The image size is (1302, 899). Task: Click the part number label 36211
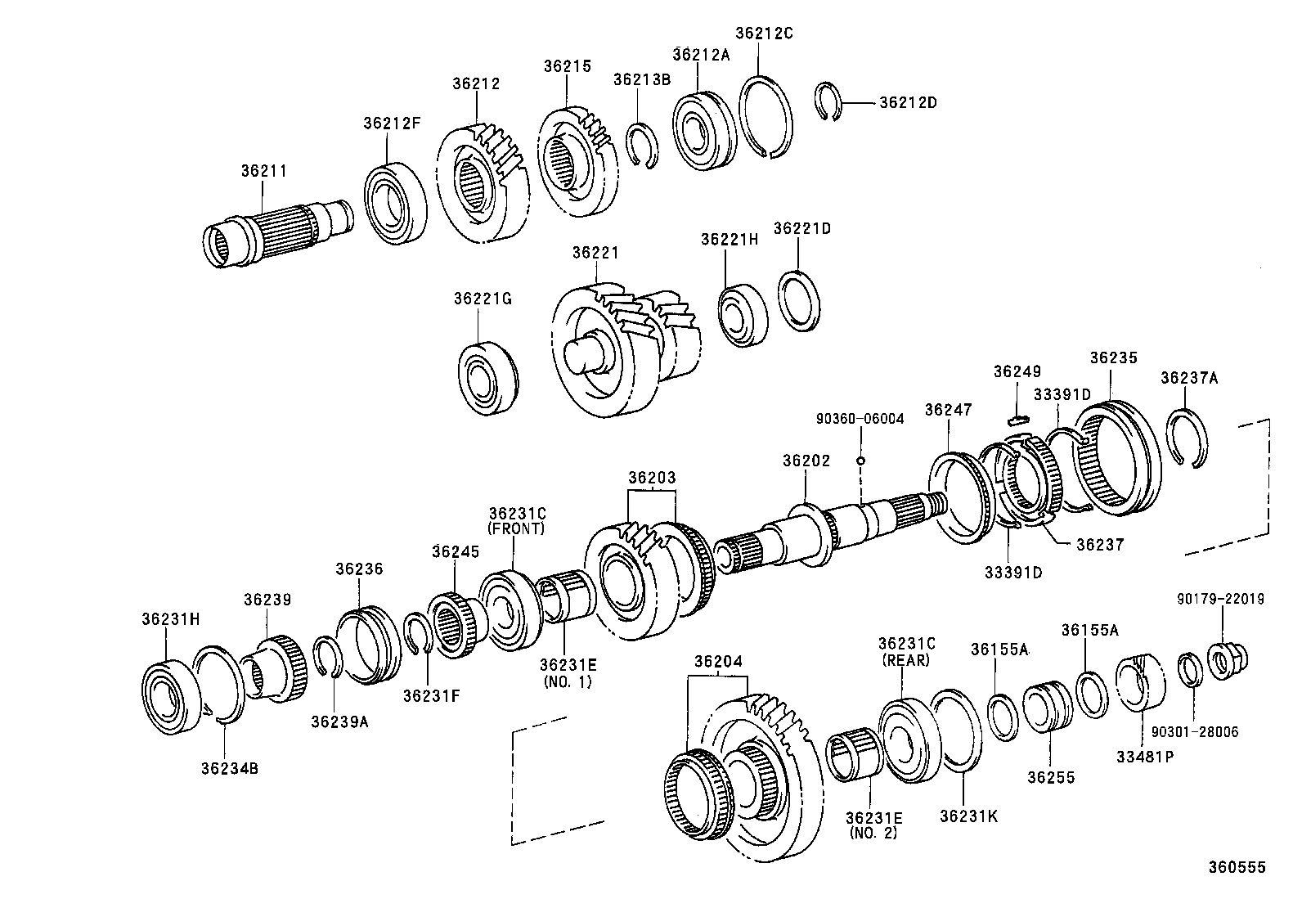pyautogui.click(x=263, y=172)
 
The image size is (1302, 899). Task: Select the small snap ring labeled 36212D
pyautogui.click(x=832, y=104)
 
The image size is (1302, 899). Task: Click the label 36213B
pyautogui.click(x=641, y=79)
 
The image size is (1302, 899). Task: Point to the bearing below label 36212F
pyautogui.click(x=396, y=202)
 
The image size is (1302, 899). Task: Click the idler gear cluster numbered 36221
pyautogui.click(x=626, y=344)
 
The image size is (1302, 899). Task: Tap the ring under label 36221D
pyautogui.click(x=799, y=300)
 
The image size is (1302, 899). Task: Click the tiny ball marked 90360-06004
pyautogui.click(x=860, y=461)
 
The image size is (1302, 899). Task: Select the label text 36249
pyautogui.click(x=1017, y=371)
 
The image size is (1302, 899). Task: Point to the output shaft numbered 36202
pyautogui.click(x=851, y=528)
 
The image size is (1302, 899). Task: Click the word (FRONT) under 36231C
pyautogui.click(x=515, y=529)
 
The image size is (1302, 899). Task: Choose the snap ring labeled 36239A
pyautogui.click(x=331, y=657)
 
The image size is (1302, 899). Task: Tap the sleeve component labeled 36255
pyautogui.click(x=1047, y=709)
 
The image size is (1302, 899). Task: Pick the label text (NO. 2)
pyautogui.click(x=873, y=834)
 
